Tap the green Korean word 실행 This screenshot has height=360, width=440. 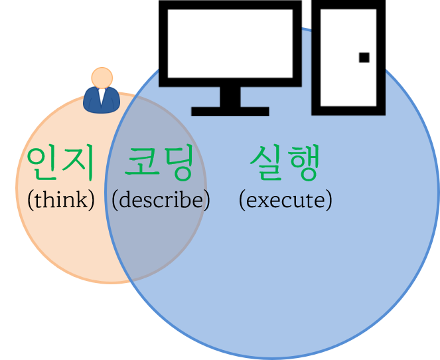[x=285, y=163]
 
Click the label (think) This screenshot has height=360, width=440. [x=61, y=199]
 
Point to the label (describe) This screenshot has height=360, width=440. [x=161, y=199]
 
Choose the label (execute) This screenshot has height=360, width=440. [x=285, y=199]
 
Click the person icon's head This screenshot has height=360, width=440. [x=102, y=77]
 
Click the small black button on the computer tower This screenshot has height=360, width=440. [x=364, y=57]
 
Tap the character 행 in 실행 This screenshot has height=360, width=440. [x=303, y=163]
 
